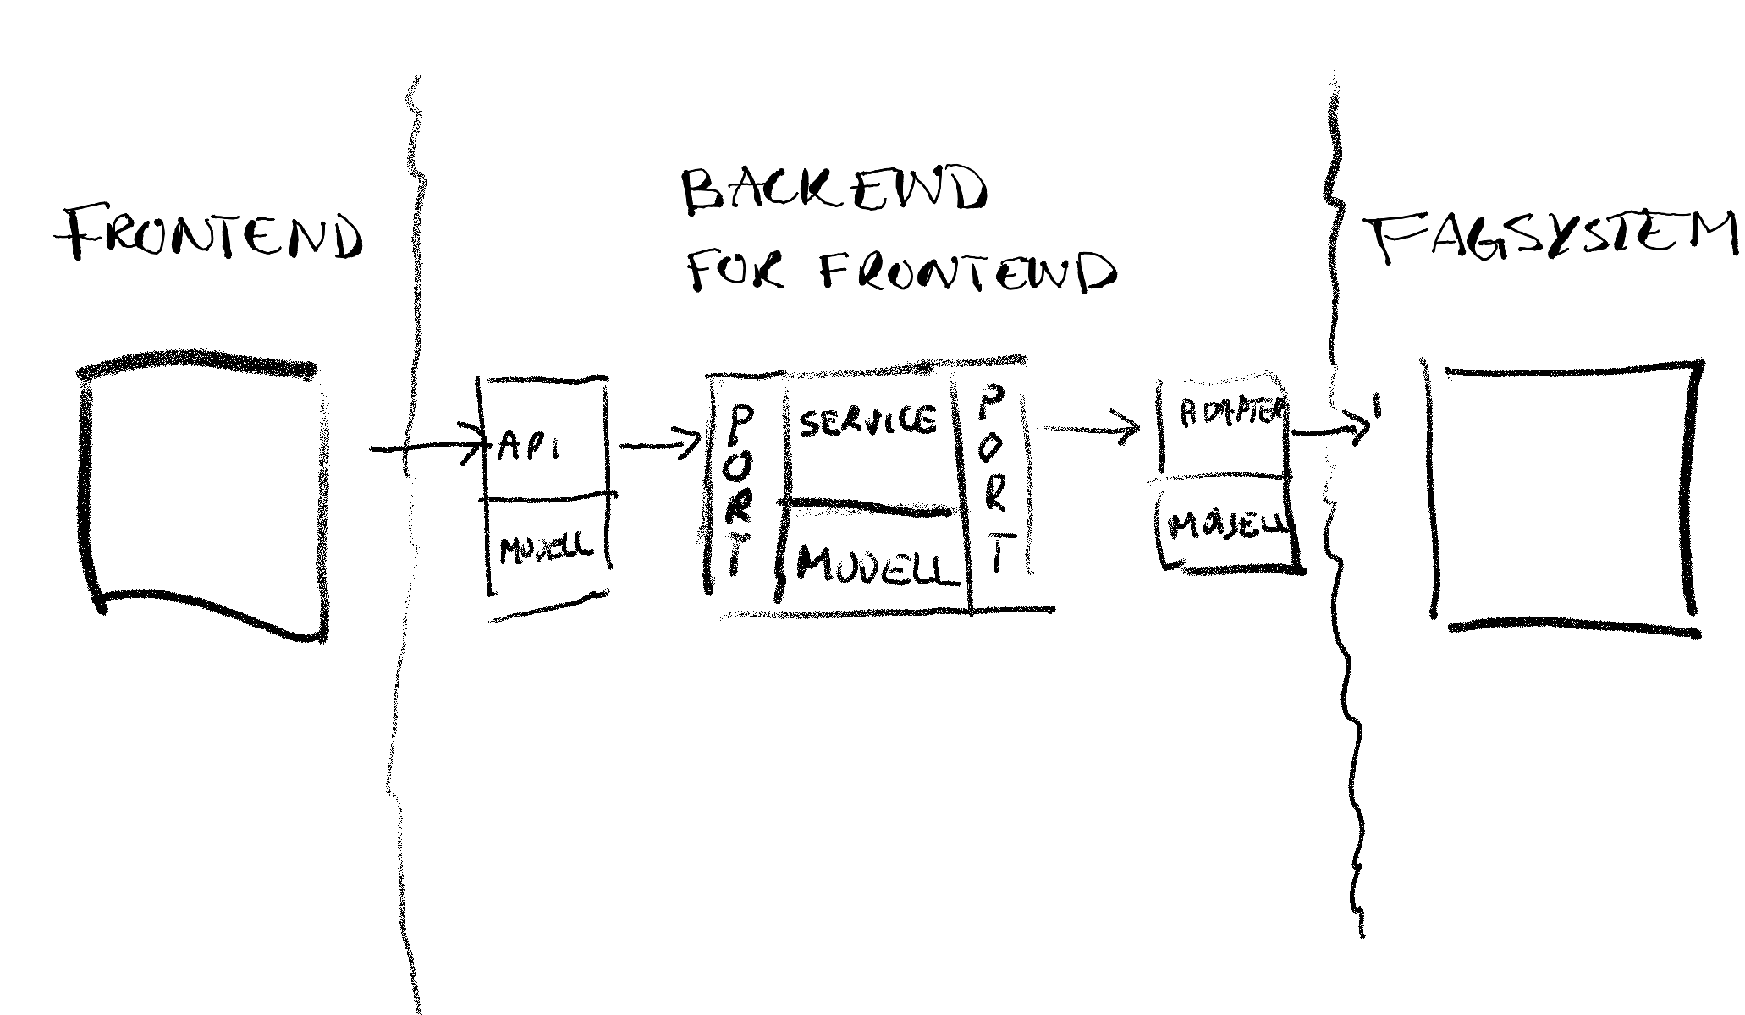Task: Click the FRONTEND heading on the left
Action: [210, 233]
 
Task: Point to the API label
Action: [528, 446]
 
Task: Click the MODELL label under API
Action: [546, 551]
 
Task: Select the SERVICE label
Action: [867, 420]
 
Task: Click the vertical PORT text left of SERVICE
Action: [739, 491]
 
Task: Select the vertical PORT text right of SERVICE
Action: [993, 478]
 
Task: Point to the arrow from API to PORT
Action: [660, 445]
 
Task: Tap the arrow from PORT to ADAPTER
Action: [1092, 429]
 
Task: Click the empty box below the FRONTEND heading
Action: [203, 495]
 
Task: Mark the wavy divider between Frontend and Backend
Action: [406, 592]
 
